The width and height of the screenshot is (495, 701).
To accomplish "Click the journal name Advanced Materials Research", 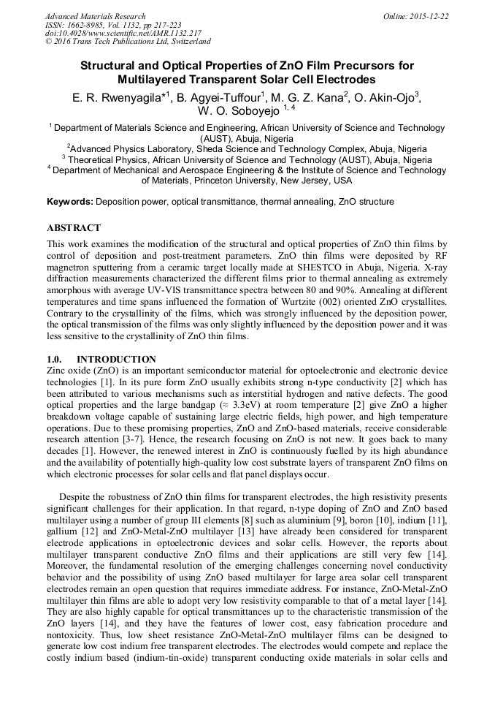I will (95, 16).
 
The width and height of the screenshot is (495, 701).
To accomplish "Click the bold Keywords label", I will (69, 202).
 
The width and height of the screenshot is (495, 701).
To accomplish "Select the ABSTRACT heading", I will (74, 228).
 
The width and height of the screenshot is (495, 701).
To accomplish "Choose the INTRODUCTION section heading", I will (116, 360).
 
